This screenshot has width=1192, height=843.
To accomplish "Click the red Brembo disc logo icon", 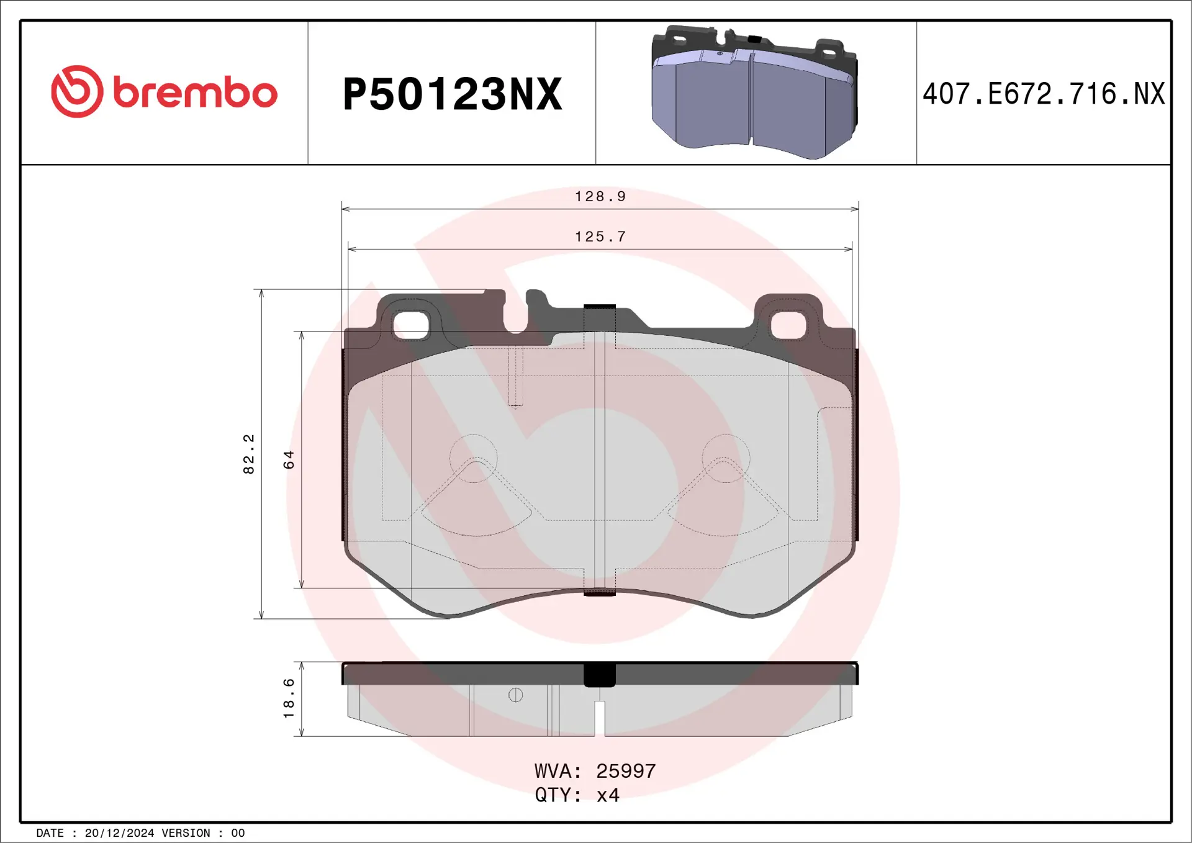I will (x=77, y=91).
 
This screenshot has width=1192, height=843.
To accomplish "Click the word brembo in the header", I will (x=195, y=93).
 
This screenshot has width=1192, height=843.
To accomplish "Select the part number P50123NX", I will (x=452, y=94).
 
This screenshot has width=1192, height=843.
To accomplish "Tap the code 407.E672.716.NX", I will (x=1044, y=94).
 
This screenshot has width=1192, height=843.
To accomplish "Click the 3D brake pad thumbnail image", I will (x=754, y=92).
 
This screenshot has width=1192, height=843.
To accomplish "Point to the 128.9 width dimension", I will (x=600, y=197).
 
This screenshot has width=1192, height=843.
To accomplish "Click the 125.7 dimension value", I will (x=600, y=237).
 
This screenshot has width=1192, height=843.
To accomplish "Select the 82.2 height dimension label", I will (x=249, y=454).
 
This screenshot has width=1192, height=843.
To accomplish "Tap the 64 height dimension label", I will (x=289, y=459).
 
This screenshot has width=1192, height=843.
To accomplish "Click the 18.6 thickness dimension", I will (x=289, y=698).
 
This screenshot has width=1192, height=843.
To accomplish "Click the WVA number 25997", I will (x=625, y=771).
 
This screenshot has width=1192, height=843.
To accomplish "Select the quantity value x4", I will (x=608, y=795).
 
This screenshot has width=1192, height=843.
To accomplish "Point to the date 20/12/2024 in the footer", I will (x=119, y=833).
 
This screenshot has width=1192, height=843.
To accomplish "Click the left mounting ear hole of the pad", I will (x=411, y=325).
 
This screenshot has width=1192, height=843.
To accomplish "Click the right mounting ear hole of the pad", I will (x=787, y=325).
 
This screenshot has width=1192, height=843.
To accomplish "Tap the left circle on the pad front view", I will (x=473, y=458).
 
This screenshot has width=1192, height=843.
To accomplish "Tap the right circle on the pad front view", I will (x=726, y=458).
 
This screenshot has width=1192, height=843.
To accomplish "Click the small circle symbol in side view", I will (x=515, y=695).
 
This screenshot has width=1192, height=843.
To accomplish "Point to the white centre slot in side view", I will (x=600, y=718).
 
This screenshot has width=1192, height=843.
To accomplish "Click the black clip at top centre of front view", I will (x=600, y=308).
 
